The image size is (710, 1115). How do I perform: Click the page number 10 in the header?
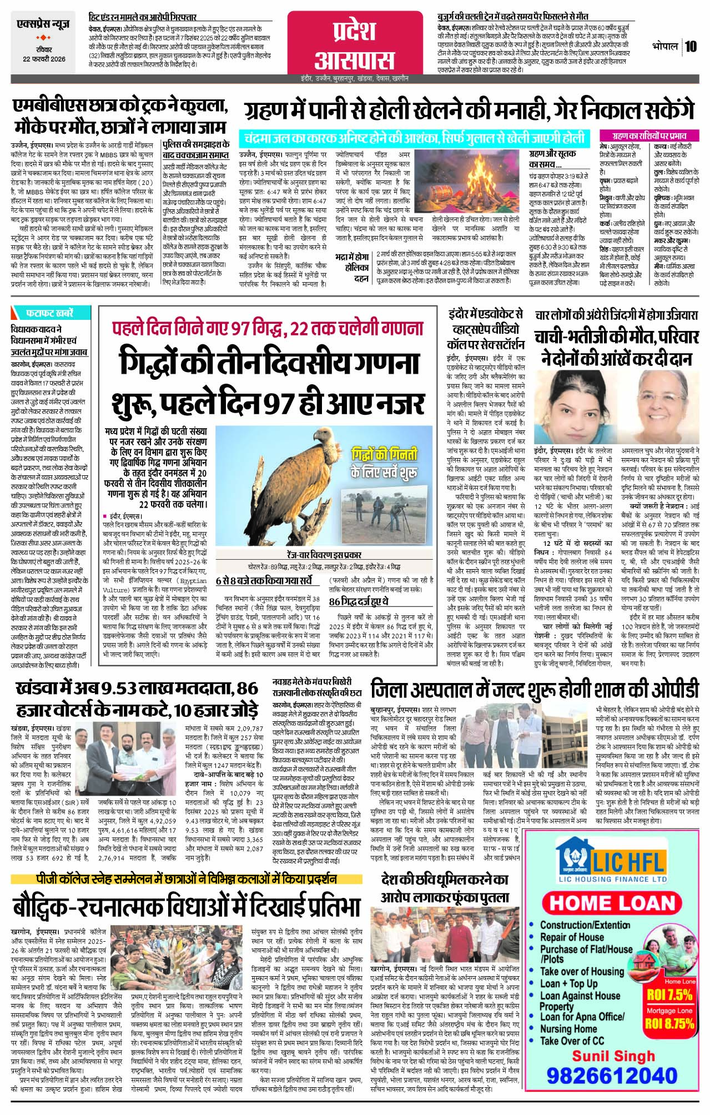coord(690,47)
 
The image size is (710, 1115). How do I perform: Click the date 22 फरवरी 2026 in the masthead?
coord(45,60)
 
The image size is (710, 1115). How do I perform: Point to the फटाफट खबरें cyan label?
coord(47,312)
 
